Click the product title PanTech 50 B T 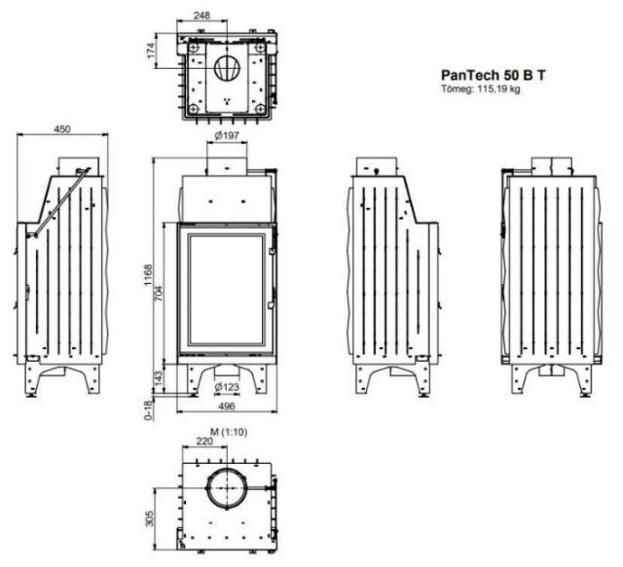[x=494, y=75]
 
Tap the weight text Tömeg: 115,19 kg [x=480, y=89]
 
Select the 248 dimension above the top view [x=202, y=16]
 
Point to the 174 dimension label [x=151, y=51]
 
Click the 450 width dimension [x=62, y=129]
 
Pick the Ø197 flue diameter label [x=227, y=136]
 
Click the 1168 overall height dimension [x=148, y=275]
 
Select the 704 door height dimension [x=159, y=294]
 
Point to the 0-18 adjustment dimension [x=148, y=410]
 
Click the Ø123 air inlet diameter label [x=227, y=386]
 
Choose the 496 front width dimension [x=227, y=407]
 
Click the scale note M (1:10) [x=229, y=432]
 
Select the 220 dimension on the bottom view [x=204, y=442]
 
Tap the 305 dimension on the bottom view [x=149, y=518]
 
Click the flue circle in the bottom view [x=227, y=488]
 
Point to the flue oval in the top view [x=227, y=68]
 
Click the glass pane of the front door [x=227, y=289]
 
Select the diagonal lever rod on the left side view [x=62, y=201]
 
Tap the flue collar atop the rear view [x=552, y=166]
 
